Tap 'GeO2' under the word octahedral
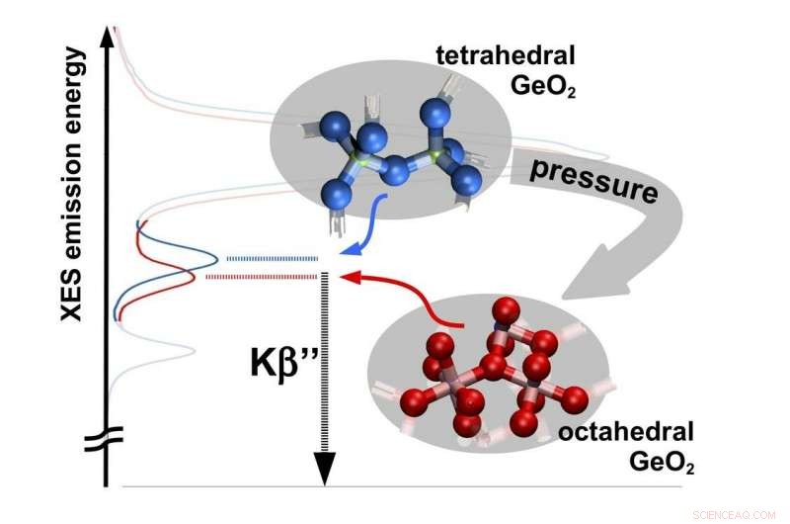[659, 461]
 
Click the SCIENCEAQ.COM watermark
[742, 513]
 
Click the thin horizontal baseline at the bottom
[395, 486]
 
